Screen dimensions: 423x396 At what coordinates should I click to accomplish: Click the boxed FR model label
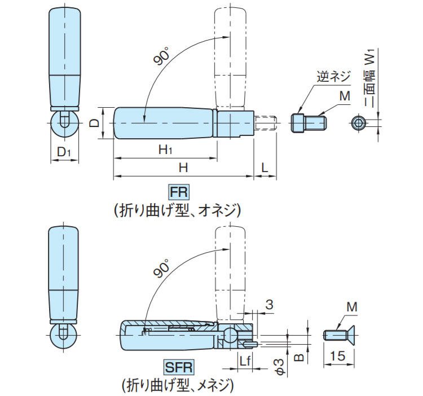[x=179, y=192]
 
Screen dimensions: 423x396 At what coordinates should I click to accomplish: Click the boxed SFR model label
[x=179, y=367]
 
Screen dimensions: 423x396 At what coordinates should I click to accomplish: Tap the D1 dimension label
[x=64, y=152]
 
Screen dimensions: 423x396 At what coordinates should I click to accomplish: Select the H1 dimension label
[x=165, y=149]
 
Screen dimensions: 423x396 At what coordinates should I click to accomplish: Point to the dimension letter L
[x=265, y=168]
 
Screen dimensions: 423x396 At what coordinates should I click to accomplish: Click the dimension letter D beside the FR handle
[x=94, y=124]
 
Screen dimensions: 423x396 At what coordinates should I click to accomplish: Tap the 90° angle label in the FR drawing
[x=161, y=56]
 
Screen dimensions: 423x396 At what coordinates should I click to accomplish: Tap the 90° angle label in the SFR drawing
[x=161, y=269]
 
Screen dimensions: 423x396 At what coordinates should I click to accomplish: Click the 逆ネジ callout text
[x=333, y=77]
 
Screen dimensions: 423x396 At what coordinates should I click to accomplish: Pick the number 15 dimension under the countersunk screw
[x=337, y=356]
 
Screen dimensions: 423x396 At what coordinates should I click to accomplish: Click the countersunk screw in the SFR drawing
[x=338, y=335]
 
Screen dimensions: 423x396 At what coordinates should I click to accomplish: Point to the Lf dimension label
[x=245, y=361]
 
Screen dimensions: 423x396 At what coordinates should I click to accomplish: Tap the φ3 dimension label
[x=280, y=367]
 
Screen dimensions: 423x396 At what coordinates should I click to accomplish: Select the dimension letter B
[x=298, y=358]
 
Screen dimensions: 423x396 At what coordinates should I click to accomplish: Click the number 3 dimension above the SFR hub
[x=269, y=304]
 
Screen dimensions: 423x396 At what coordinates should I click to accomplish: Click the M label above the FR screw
[x=345, y=96]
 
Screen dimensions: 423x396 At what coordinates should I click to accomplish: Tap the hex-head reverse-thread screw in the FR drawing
[x=309, y=123]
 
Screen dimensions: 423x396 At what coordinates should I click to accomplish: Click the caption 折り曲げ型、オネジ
[x=177, y=210]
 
